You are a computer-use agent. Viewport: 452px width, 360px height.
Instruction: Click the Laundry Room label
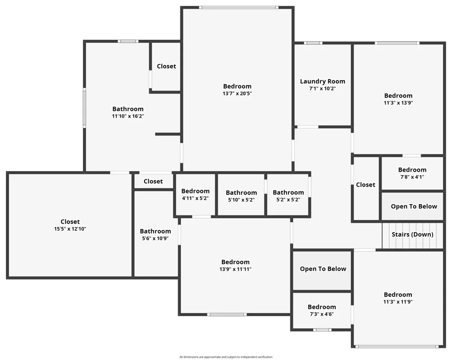tap(322, 81)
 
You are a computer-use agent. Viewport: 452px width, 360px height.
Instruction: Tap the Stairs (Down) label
tap(412, 234)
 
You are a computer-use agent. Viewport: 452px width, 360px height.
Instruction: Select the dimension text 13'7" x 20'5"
tap(237, 94)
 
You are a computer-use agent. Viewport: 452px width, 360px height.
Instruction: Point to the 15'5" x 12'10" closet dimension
tap(70, 229)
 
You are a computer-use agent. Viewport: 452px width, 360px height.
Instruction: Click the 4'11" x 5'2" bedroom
tap(195, 195)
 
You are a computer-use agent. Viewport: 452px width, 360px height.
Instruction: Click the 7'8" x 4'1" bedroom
tap(412, 173)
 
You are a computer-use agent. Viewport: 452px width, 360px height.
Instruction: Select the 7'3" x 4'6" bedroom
tap(322, 310)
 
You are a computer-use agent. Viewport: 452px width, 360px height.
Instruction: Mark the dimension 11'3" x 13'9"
tap(398, 103)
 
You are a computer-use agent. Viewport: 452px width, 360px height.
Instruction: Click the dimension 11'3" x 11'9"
tap(398, 302)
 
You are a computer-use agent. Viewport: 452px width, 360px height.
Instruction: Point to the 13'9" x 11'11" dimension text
tap(235, 269)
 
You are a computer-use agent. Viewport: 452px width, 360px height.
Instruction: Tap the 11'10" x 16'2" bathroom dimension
tap(128, 117)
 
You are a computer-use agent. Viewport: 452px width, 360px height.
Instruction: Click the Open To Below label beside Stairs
tap(414, 206)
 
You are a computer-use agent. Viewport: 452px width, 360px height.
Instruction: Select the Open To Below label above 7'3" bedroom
tap(323, 269)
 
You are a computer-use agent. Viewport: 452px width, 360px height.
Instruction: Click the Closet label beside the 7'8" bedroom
tap(366, 185)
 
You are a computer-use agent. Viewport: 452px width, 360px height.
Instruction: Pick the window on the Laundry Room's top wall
tap(313, 43)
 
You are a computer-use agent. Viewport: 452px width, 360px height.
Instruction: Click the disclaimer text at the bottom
tap(226, 357)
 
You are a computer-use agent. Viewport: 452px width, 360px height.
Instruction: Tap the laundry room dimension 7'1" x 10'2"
tap(322, 89)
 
